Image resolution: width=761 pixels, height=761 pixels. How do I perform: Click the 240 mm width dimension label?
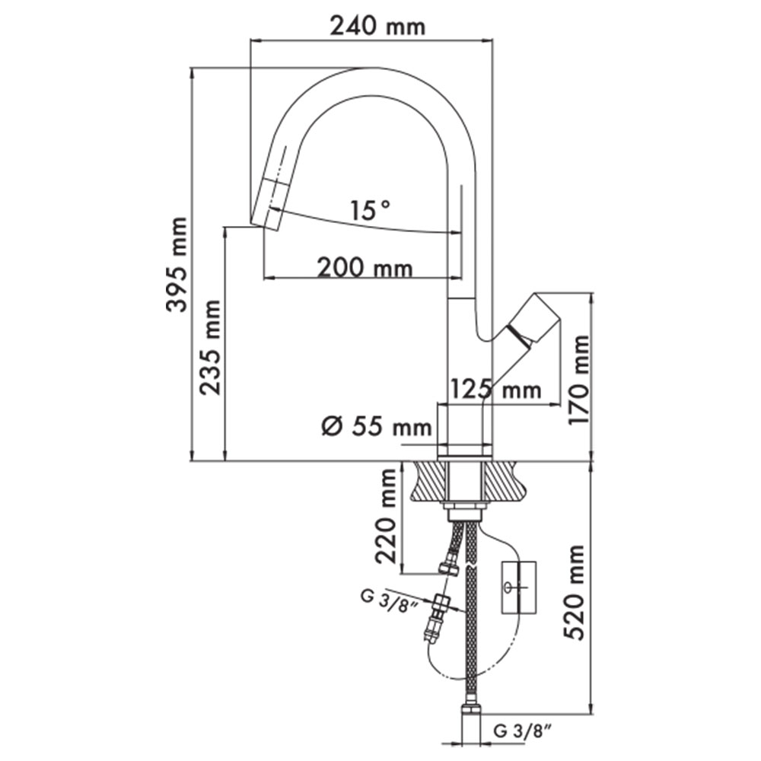pyautogui.click(x=377, y=26)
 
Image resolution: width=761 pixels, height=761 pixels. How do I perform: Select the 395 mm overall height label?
pyautogui.click(x=176, y=265)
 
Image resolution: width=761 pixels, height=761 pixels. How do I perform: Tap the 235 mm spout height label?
pyautogui.click(x=210, y=347)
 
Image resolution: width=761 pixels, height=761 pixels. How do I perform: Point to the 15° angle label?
pyautogui.click(x=370, y=210)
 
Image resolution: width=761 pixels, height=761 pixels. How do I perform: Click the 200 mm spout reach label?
pyautogui.click(x=365, y=267)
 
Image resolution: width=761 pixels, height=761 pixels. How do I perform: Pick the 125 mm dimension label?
pyautogui.click(x=495, y=389)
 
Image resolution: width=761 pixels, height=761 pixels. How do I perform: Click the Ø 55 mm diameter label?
pyautogui.click(x=377, y=427)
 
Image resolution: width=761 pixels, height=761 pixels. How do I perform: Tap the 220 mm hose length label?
pyautogui.click(x=387, y=516)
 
